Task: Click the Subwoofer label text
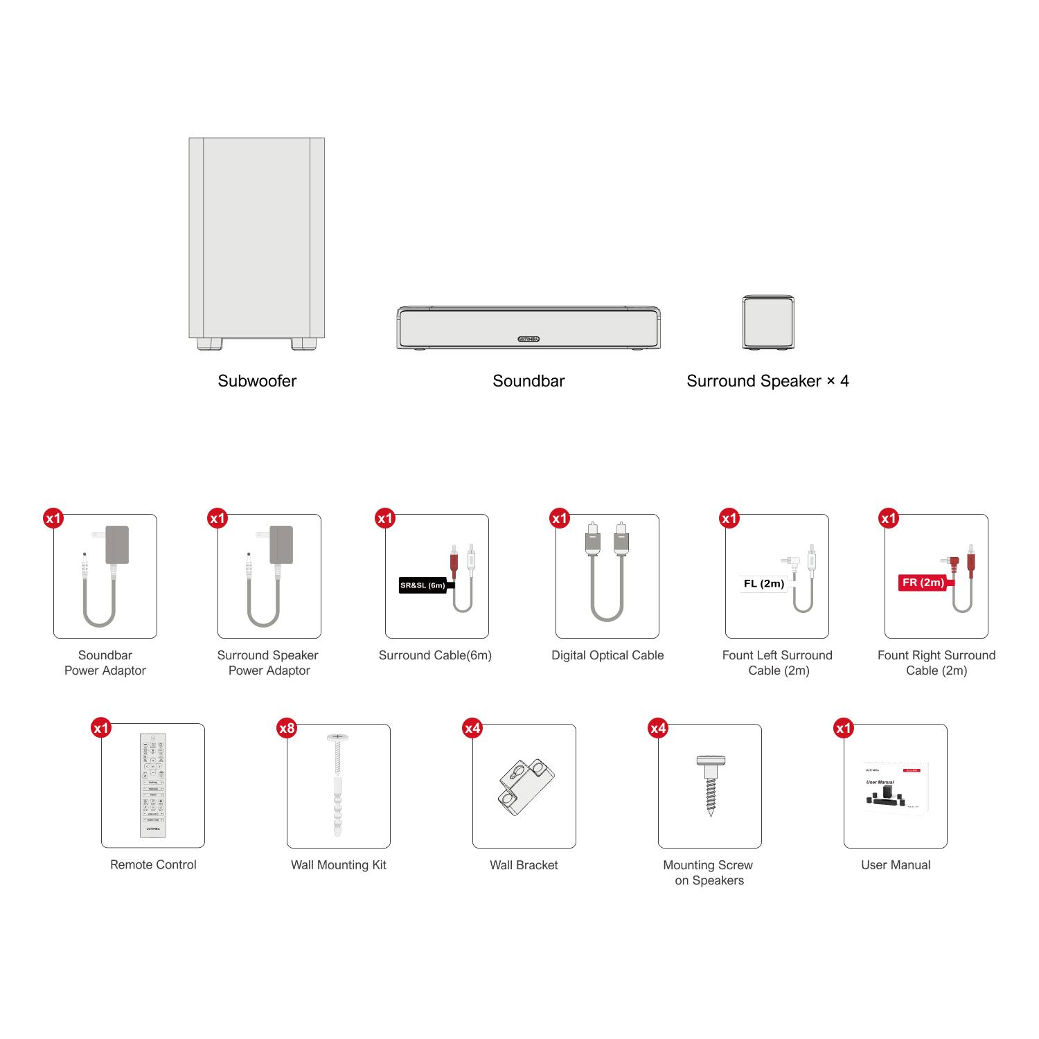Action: coord(257,381)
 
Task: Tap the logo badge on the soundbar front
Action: coord(529,339)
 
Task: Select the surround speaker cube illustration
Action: coord(768,322)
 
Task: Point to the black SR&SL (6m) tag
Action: coord(423,585)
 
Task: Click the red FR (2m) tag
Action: coord(923,583)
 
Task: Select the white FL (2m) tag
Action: coord(764,583)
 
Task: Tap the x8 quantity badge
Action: coord(287,728)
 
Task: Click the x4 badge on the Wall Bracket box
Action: coord(472,728)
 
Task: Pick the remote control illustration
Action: coord(153,785)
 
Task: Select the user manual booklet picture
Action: coord(896,789)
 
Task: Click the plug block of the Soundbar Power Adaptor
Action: coord(116,544)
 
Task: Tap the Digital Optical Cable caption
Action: coord(607,655)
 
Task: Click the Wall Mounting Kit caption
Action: coord(339,865)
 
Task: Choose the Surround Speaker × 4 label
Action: coord(767,381)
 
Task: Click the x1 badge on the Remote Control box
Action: coord(101,728)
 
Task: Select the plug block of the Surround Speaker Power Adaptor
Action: coord(281,544)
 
